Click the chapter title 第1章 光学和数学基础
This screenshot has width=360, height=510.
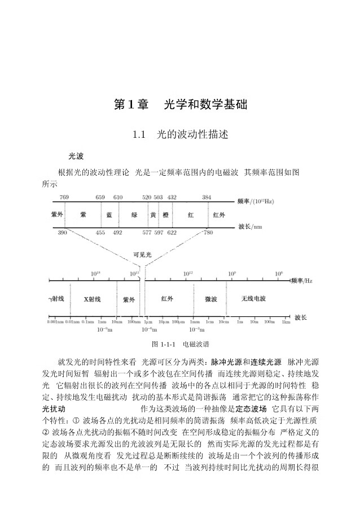click(x=180, y=104)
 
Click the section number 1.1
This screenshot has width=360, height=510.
click(x=139, y=135)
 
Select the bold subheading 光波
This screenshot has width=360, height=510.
click(x=76, y=155)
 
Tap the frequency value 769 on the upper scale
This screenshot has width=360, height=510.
click(x=64, y=197)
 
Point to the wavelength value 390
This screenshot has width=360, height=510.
click(x=62, y=233)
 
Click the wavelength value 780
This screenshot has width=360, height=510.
click(x=208, y=233)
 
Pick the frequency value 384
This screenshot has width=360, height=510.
click(x=207, y=197)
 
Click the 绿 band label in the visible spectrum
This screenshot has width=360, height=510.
click(x=134, y=215)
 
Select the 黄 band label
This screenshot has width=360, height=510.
click(x=153, y=215)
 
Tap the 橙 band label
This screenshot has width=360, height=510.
click(x=165, y=215)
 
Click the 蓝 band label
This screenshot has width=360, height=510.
click(x=109, y=215)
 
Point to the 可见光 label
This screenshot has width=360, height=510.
click(x=142, y=255)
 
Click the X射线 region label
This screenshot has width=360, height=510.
click(x=92, y=299)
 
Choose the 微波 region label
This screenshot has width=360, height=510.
click(x=211, y=299)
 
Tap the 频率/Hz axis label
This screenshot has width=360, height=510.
click(x=301, y=280)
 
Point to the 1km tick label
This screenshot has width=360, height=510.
click(x=286, y=322)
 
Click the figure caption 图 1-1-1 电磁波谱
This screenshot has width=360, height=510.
click(x=180, y=343)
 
